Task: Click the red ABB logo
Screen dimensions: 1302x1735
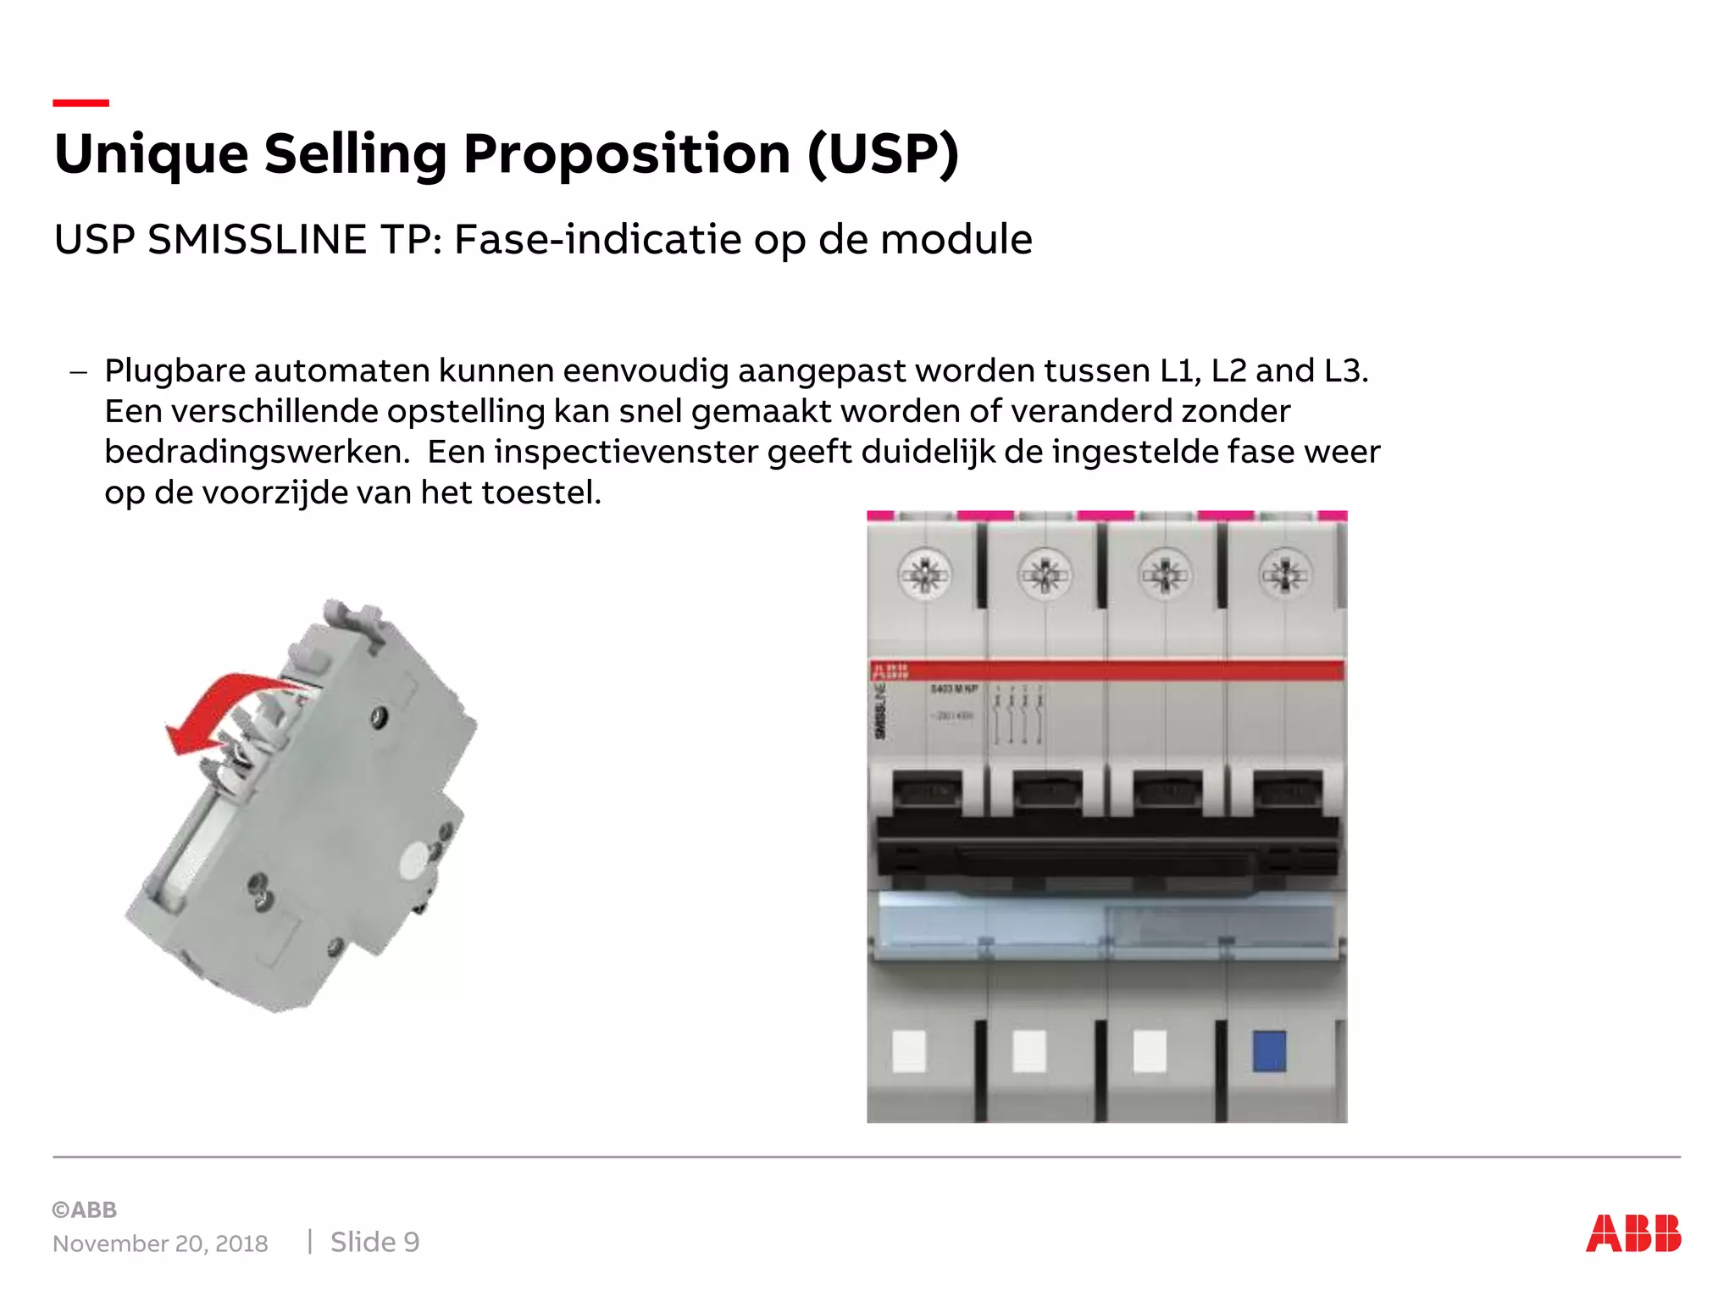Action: (x=1632, y=1233)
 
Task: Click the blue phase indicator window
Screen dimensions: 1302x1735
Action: (x=1269, y=1051)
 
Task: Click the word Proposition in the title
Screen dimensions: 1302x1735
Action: (x=627, y=154)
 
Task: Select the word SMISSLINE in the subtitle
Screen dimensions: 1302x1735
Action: (x=257, y=240)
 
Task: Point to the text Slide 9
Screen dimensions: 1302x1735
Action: (x=374, y=1242)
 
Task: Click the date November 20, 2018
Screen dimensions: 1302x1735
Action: (x=160, y=1244)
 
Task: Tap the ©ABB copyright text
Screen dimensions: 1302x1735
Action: (x=85, y=1210)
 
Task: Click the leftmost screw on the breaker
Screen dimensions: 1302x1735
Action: (x=924, y=575)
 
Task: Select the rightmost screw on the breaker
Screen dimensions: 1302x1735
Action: (x=1285, y=575)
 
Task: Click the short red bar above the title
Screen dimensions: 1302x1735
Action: (x=80, y=103)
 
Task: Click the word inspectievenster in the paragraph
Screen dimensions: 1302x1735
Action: (x=626, y=452)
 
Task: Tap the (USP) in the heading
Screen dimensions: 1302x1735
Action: (x=883, y=154)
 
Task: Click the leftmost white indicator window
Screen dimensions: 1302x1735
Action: (x=909, y=1051)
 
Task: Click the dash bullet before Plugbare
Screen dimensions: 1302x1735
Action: (x=79, y=371)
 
